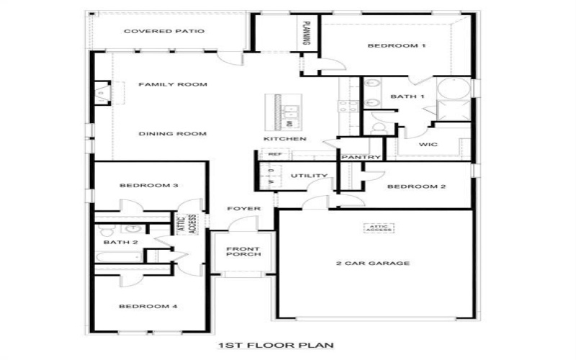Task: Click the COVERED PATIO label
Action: pos(164,31)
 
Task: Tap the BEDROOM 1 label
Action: pos(397,46)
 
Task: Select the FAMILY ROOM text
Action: pos(173,84)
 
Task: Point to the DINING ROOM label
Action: pos(173,133)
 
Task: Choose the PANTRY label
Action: pos(360,157)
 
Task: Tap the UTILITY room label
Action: pos(309,176)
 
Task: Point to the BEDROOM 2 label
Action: pos(417,186)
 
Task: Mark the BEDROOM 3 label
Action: pos(149,185)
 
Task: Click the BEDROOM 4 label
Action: pos(148,306)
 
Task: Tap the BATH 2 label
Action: pos(116,242)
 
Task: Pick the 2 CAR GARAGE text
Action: pos(373,263)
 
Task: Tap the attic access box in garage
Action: pos(379,228)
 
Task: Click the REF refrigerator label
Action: pos(274,154)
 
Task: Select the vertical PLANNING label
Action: pos(306,33)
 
